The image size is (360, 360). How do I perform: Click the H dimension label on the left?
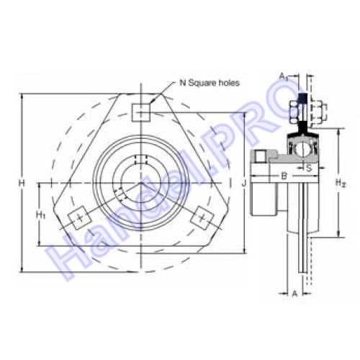click(x=22, y=184)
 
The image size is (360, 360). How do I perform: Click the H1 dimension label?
click(x=41, y=215)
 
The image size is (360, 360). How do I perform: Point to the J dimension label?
click(x=244, y=184)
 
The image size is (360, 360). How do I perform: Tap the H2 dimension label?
click(x=341, y=183)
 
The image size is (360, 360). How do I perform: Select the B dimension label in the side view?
click(x=284, y=176)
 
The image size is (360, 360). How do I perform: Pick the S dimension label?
click(x=309, y=168)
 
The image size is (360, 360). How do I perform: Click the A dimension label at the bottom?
click(x=294, y=293)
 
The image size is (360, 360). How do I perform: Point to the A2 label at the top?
click(x=284, y=76)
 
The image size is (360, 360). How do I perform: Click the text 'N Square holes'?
click(x=210, y=83)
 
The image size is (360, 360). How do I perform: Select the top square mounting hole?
click(x=141, y=113)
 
